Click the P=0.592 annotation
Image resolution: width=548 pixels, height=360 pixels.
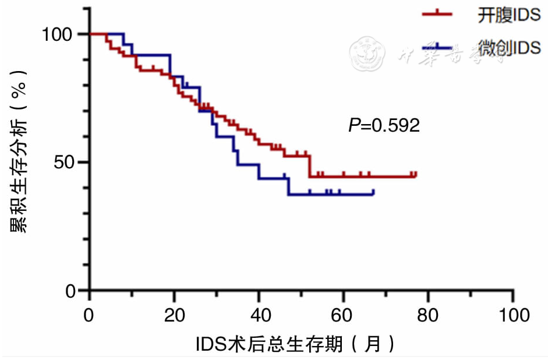coord(384,125)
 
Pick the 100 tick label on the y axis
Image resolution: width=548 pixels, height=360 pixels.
coord(59,34)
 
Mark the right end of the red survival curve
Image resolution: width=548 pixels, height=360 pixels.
coord(416,175)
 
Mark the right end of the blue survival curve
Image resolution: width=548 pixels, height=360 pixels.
coord(373,193)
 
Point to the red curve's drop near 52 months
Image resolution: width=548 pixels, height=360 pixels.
coord(310,166)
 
